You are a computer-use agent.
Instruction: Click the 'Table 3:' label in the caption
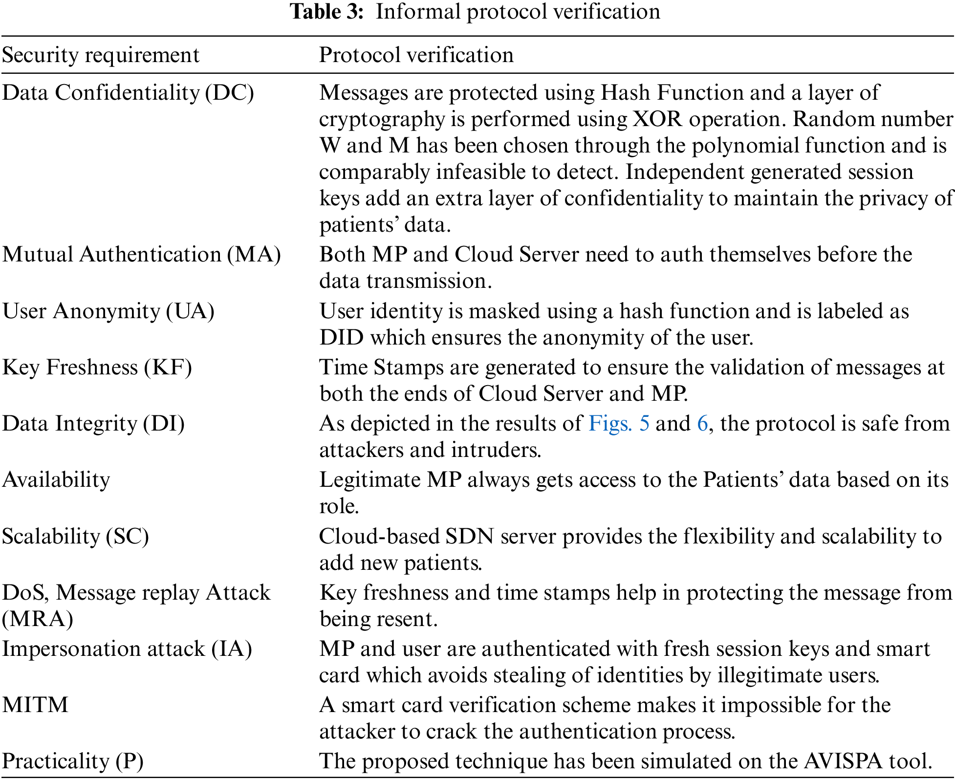click(x=327, y=11)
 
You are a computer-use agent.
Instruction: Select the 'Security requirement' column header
click(x=101, y=55)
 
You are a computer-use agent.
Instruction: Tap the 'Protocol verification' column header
click(x=416, y=55)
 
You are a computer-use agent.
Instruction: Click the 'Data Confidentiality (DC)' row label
click(x=128, y=92)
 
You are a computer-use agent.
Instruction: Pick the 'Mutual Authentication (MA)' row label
click(x=142, y=254)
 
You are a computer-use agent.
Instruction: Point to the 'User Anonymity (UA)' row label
click(x=109, y=311)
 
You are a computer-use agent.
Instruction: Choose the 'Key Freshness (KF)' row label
click(x=97, y=367)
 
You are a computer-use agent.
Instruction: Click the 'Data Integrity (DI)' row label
click(x=93, y=423)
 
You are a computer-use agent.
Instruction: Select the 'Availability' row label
click(x=56, y=479)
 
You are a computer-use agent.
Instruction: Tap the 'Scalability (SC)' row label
click(x=75, y=536)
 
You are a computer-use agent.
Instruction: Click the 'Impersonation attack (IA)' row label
click(x=127, y=649)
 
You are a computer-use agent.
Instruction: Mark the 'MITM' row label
click(x=35, y=705)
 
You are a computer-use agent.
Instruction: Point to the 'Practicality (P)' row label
click(x=73, y=761)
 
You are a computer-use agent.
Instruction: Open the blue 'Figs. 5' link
click(x=619, y=423)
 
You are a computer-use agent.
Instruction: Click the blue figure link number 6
click(x=702, y=423)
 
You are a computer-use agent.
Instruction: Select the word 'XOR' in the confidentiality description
click(x=657, y=119)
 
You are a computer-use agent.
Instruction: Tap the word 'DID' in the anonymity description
click(x=342, y=337)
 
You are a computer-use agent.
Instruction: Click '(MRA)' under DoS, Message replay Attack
click(x=38, y=619)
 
